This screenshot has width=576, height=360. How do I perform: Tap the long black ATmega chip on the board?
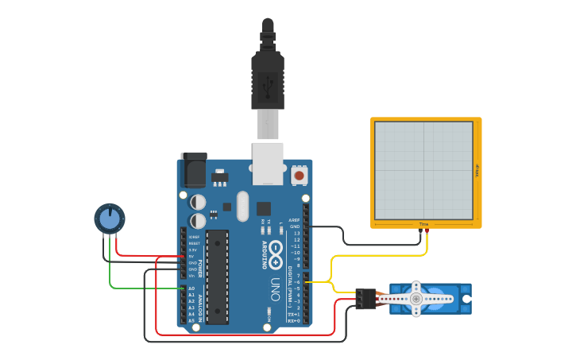217,277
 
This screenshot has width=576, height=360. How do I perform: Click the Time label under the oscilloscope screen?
423,224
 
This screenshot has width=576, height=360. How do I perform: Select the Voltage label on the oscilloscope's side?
477,170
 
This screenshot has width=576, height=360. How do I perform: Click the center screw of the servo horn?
416,299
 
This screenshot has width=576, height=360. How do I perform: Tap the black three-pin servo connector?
366,299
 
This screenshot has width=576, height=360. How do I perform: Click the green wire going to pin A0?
143,288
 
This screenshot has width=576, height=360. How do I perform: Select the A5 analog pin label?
191,320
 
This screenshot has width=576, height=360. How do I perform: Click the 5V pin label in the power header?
191,257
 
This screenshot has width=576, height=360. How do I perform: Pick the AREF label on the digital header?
295,220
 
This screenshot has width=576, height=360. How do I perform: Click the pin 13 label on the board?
296,233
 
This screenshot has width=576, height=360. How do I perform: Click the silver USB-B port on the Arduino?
268,163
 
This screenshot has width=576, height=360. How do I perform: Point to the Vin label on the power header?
191,276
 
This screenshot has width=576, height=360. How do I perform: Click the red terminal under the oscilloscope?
427,230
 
